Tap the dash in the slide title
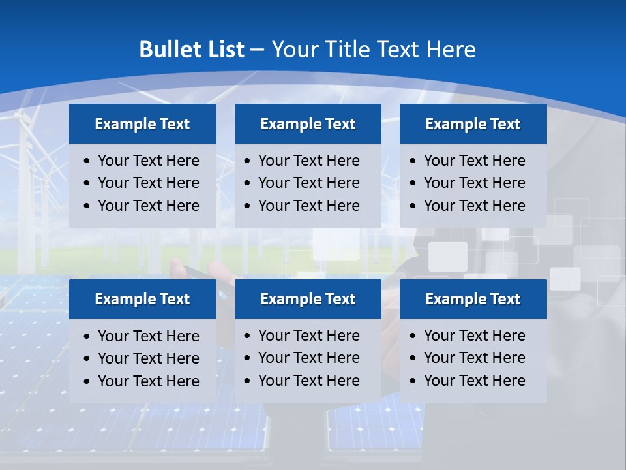(x=257, y=50)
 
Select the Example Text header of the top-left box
(x=142, y=124)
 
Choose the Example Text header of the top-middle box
(x=308, y=124)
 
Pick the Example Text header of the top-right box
(x=473, y=124)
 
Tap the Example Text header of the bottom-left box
(x=142, y=299)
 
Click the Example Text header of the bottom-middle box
(x=308, y=299)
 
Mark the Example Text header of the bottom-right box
(x=473, y=299)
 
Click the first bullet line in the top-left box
(x=148, y=161)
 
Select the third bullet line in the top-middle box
(x=308, y=206)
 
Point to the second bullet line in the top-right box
(x=474, y=183)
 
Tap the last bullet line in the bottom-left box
(x=148, y=381)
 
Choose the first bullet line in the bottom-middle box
(x=308, y=336)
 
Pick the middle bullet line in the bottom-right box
(x=474, y=358)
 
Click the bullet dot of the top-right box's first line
(x=413, y=161)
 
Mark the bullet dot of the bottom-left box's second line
(x=87, y=359)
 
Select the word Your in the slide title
(x=291, y=50)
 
